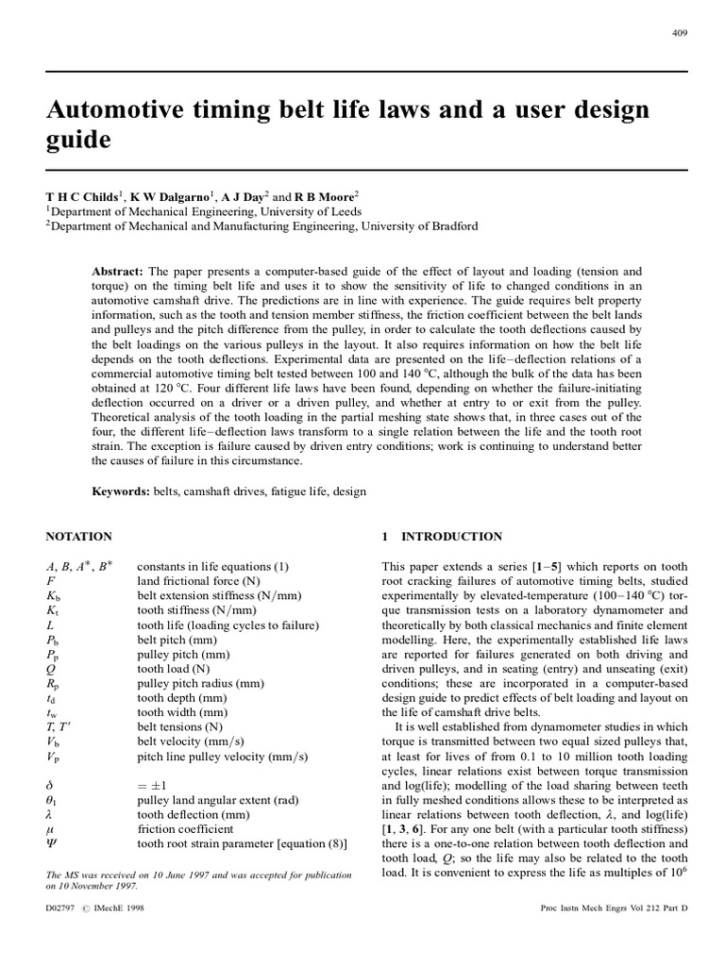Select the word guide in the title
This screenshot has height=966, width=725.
pyautogui.click(x=78, y=142)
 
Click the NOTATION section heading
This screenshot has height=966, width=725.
pyautogui.click(x=79, y=537)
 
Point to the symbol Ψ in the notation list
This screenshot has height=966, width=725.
pyautogui.click(x=52, y=842)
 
